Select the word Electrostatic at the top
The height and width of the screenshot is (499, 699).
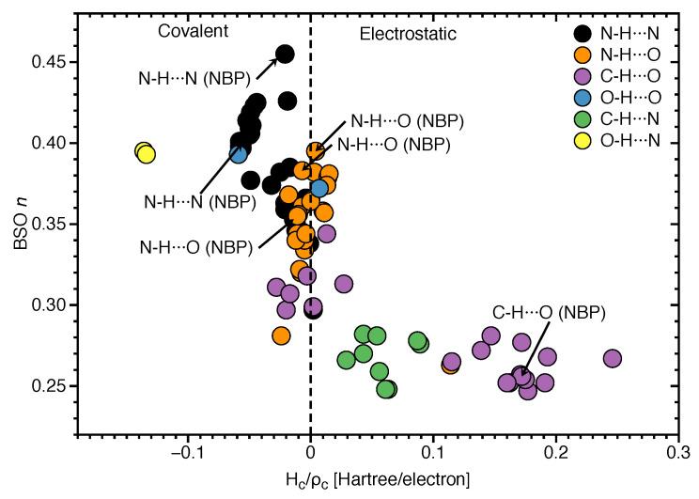409,33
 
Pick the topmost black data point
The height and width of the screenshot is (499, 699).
285,55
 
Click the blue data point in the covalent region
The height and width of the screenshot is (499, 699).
240,154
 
